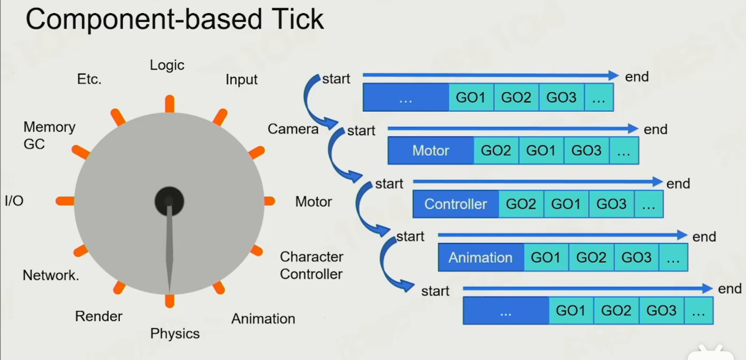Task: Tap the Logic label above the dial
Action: tap(167, 65)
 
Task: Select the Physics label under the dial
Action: tap(175, 334)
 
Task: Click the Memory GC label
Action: tap(49, 136)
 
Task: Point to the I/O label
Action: tap(14, 201)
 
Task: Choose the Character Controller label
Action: tap(311, 265)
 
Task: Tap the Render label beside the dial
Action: tap(99, 316)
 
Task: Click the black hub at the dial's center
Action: tap(169, 200)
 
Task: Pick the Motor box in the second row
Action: tap(431, 150)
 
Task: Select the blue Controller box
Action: tap(456, 204)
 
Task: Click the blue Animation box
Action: tap(481, 257)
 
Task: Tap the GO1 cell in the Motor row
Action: tap(541, 150)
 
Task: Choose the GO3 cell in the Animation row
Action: tap(637, 257)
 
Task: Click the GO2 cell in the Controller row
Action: tap(521, 204)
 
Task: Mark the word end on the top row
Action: tap(637, 76)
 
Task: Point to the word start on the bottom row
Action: tap(435, 291)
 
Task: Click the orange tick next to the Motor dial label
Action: tap(269, 201)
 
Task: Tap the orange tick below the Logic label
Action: tap(169, 104)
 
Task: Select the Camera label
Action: tap(293, 129)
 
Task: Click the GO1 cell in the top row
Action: tap(471, 98)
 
